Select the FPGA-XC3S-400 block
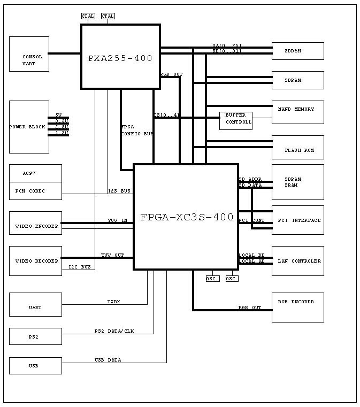coord(186,217)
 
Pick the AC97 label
coord(29,174)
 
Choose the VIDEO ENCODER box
coord(35,226)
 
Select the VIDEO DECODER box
coord(35,261)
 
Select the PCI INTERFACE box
coord(297,220)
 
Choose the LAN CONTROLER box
coord(297,261)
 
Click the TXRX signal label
coord(113,302)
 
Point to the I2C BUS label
coord(80,266)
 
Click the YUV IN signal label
coord(117,220)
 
